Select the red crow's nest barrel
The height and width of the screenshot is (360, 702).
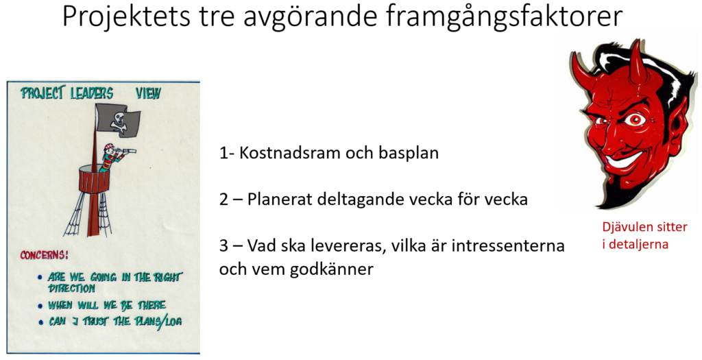tap(94, 180)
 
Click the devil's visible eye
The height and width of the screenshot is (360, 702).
tap(634, 119)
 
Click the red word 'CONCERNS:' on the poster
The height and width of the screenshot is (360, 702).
tap(44, 255)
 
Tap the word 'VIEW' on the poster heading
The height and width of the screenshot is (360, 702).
tap(148, 93)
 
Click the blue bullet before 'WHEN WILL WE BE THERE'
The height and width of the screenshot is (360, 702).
tap(40, 306)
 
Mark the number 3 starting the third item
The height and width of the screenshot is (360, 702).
tap(223, 245)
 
